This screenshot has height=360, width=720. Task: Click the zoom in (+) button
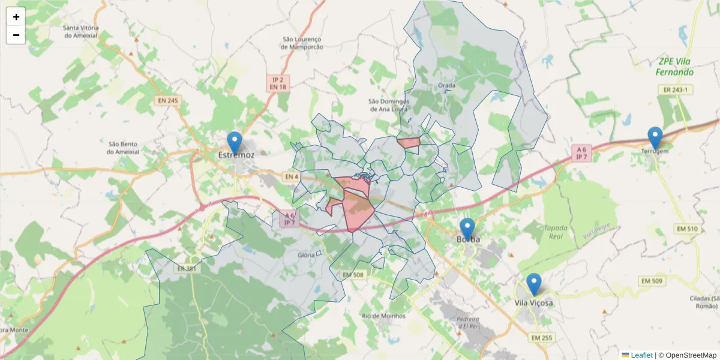(x=16, y=17)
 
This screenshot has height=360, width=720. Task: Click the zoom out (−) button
(x=16, y=35)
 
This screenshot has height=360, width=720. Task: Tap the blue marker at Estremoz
(x=235, y=143)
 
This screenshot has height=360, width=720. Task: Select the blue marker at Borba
(x=467, y=229)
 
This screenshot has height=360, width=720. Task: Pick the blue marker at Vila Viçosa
(x=533, y=284)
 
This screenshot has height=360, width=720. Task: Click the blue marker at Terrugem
(x=655, y=138)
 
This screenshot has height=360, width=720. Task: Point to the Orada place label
(x=447, y=85)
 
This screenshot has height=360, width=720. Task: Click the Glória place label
(x=306, y=254)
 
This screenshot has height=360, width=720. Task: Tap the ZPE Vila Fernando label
(x=674, y=67)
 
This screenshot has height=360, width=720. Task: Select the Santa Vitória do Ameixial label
(x=80, y=31)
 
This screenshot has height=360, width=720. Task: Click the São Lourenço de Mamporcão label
(x=302, y=43)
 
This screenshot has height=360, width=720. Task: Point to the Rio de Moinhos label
(x=383, y=316)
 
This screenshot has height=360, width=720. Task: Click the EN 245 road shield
(x=168, y=101)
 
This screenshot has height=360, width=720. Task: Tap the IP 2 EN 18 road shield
(x=278, y=83)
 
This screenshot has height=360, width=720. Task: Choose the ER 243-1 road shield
(x=676, y=90)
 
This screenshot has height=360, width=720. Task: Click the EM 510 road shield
(x=688, y=229)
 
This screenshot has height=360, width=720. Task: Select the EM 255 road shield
(x=542, y=338)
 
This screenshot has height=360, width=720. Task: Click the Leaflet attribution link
(x=641, y=355)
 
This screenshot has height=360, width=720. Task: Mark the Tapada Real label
(x=555, y=232)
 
